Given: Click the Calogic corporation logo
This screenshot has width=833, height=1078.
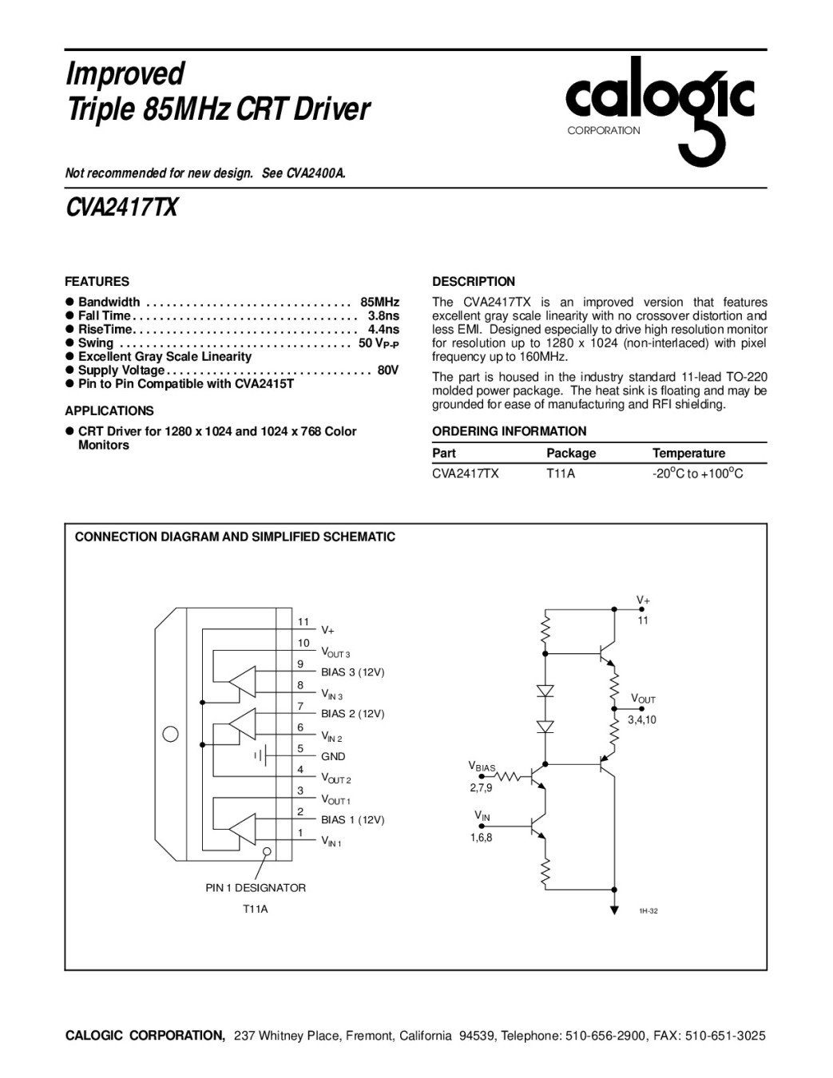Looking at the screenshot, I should (x=660, y=107).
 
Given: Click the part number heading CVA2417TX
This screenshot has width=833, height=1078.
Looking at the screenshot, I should (x=121, y=208).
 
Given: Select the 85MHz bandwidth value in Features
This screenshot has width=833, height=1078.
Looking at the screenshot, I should (x=380, y=302).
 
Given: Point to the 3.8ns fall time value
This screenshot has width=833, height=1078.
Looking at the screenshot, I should (x=383, y=315).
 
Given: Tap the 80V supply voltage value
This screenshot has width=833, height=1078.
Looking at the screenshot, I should (x=388, y=370).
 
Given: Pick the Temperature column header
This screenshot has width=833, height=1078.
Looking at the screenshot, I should (x=688, y=453).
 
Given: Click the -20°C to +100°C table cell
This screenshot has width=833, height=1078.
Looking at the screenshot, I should (x=697, y=474).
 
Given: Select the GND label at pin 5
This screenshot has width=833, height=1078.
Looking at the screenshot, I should (x=333, y=756).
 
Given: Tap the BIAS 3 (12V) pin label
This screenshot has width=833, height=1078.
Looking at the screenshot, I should (x=352, y=672).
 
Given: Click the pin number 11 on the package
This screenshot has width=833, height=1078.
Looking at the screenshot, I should (x=303, y=622).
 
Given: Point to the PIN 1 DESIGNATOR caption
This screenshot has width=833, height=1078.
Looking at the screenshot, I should (x=256, y=887).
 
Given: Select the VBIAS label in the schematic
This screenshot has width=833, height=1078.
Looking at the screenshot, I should (x=482, y=767).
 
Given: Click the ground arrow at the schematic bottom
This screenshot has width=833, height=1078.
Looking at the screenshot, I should (x=613, y=908).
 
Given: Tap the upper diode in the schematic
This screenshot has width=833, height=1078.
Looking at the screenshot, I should (x=545, y=690).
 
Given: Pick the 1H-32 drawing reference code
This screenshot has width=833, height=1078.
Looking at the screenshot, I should (x=648, y=911).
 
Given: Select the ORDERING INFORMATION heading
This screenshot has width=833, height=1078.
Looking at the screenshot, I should (x=509, y=431).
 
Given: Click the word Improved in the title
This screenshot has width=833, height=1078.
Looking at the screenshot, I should (x=125, y=73).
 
